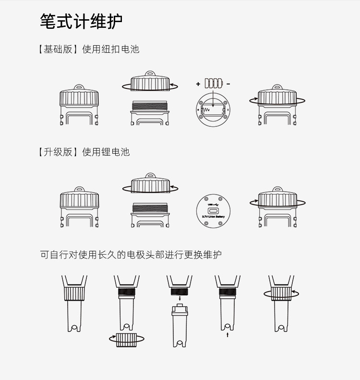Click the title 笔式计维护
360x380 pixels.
tap(81, 21)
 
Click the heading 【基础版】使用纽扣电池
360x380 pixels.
tap(88, 49)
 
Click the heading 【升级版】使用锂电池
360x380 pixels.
tap(84, 152)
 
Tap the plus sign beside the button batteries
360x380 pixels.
tap(198, 84)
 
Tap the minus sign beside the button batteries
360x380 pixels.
tap(228, 84)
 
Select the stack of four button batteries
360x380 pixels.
tap(214, 83)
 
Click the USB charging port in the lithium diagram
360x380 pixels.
tap(213, 209)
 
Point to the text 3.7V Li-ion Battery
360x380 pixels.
tap(213, 217)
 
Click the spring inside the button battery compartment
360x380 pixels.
tap(207, 110)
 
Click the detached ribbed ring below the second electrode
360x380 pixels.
tap(127, 339)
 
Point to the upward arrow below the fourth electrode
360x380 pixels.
tap(228, 334)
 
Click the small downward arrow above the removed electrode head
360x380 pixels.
tap(180, 304)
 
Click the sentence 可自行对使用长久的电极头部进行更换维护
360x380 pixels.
tap(131, 255)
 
